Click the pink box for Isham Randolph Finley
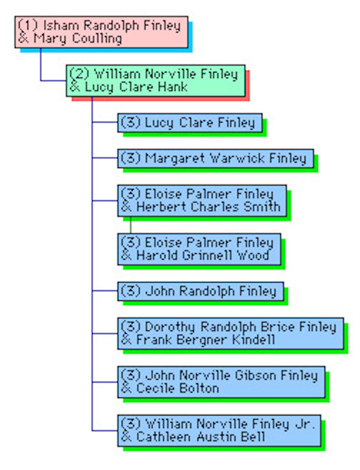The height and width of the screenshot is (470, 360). click(101, 32)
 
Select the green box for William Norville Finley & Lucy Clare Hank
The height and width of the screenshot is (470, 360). click(156, 81)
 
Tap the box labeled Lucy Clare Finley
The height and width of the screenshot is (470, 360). click(190, 123)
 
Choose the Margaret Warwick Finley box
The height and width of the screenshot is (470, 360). click(216, 159)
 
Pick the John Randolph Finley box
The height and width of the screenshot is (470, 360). click(201, 291)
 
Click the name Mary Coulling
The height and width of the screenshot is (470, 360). click(78, 39)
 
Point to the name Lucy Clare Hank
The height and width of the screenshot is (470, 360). click(136, 87)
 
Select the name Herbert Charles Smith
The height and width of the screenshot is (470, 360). click(209, 207)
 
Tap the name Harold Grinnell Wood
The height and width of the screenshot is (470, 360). click(203, 256)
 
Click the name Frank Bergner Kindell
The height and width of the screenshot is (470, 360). click(206, 339)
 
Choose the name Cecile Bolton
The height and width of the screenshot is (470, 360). click(178, 388)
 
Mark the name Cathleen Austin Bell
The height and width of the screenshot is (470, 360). click(201, 436)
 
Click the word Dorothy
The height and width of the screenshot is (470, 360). click(170, 327)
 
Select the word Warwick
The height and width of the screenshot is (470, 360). click(237, 158)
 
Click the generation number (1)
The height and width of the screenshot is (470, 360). click(28, 26)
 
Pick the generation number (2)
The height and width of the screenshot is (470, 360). click(79, 74)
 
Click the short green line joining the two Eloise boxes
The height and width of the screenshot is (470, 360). click(131, 225)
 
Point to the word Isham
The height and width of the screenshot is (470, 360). click(61, 25)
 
